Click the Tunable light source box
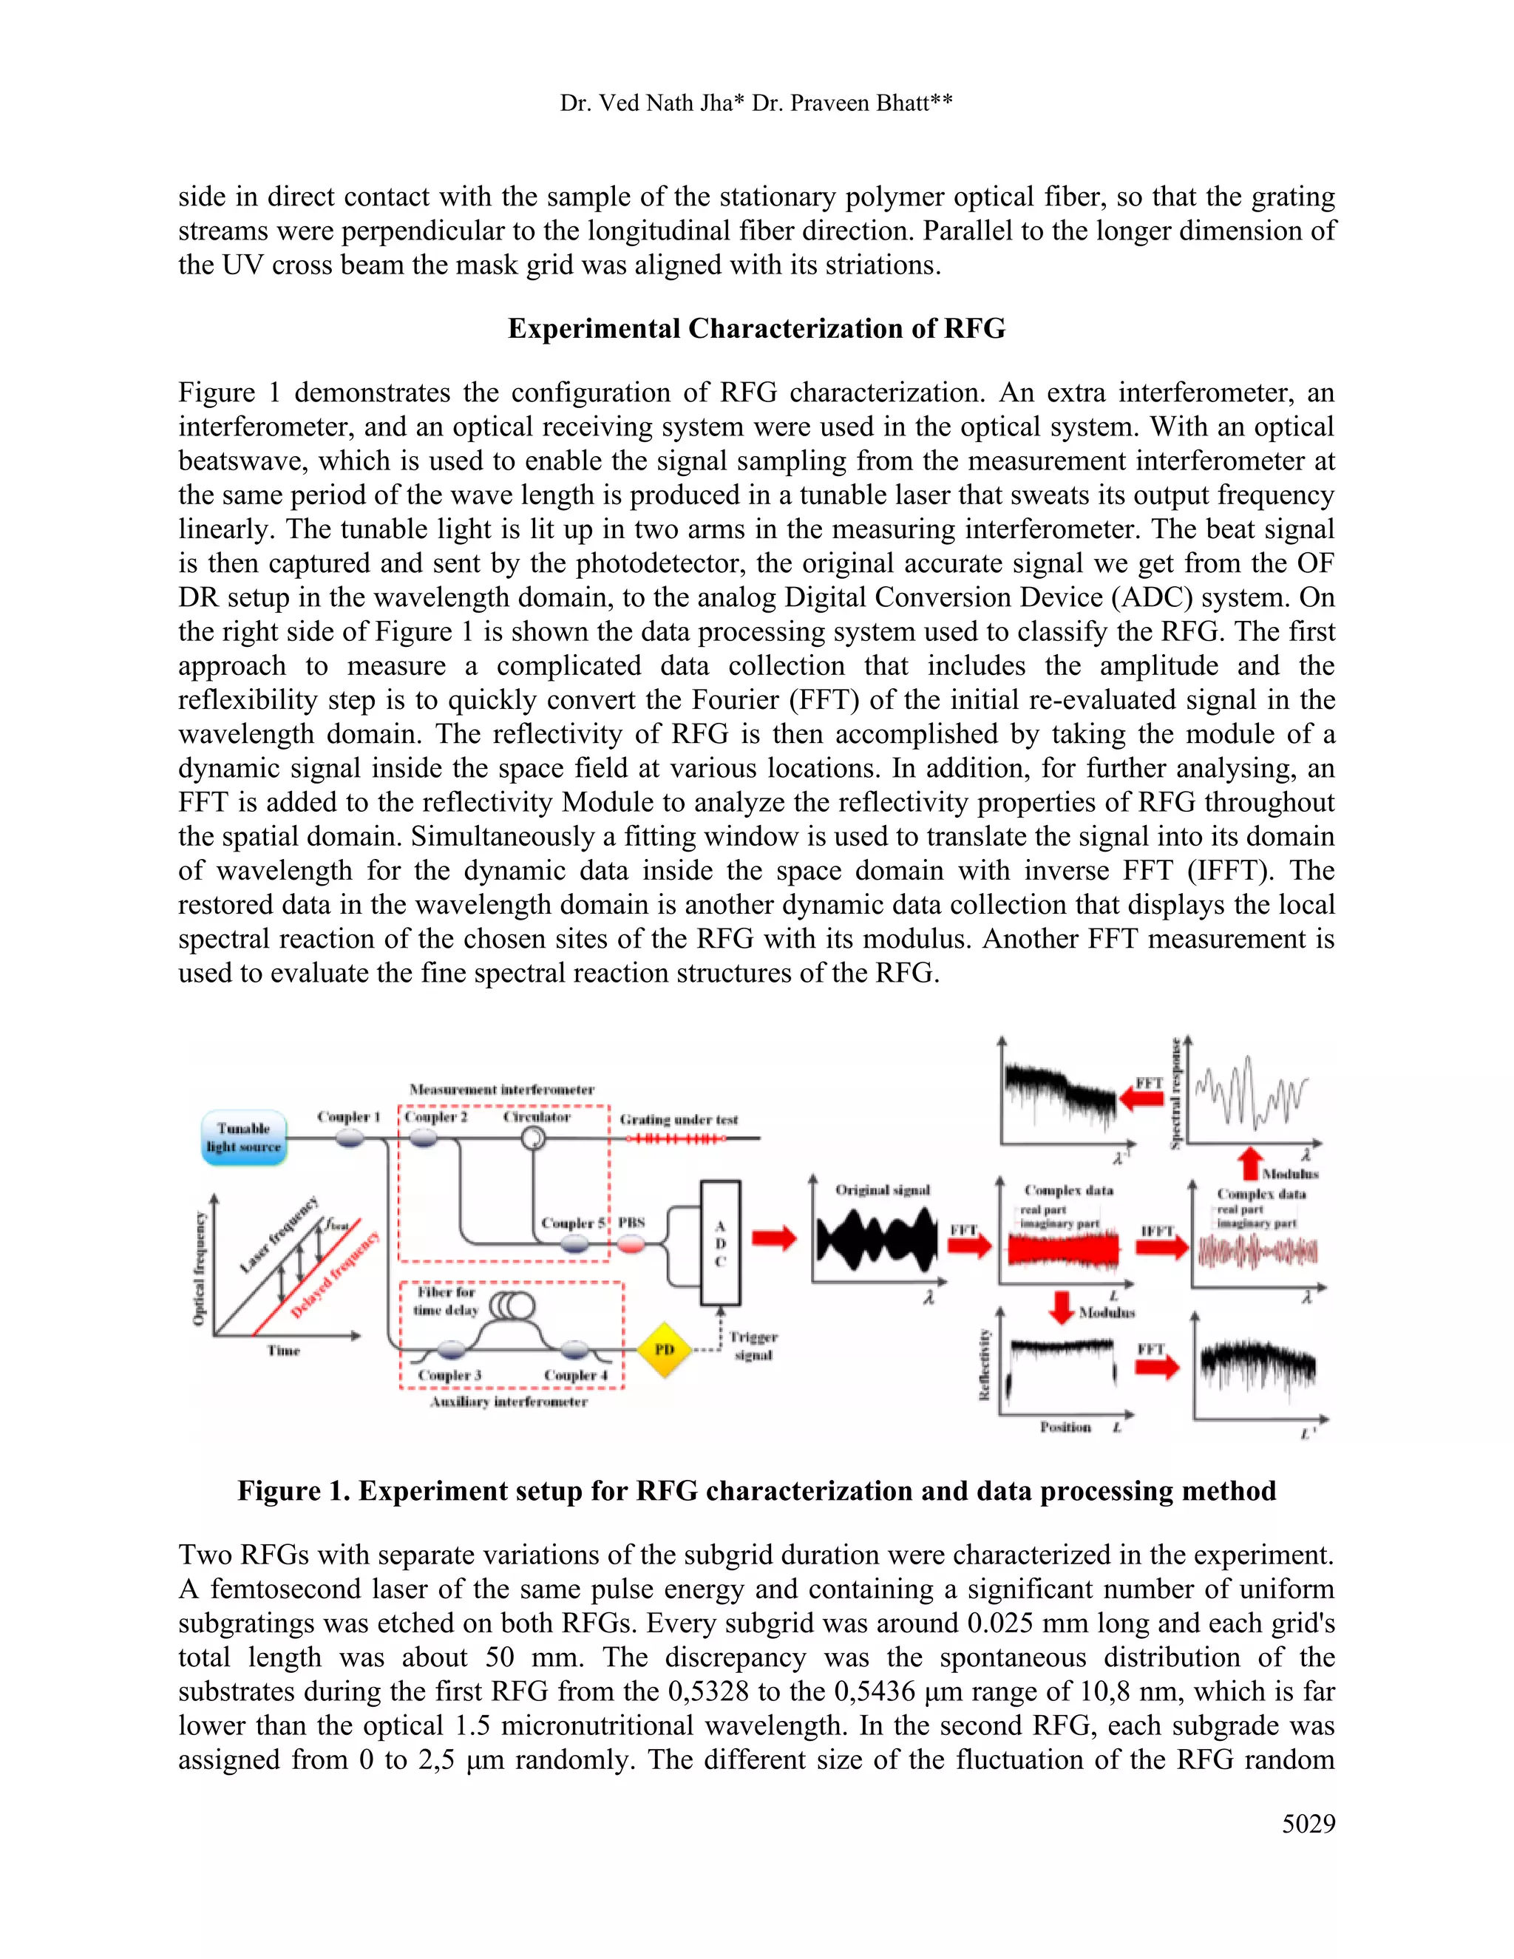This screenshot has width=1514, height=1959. tap(243, 1138)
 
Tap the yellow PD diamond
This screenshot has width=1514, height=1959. tap(664, 1349)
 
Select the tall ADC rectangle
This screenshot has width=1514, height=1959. tap(720, 1243)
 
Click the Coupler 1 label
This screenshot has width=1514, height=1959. tap(348, 1117)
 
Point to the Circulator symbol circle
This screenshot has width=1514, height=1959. tap(534, 1138)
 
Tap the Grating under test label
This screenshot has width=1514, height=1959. tap(679, 1119)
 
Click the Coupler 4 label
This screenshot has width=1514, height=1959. tap(575, 1375)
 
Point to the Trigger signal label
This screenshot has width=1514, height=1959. tap(753, 1345)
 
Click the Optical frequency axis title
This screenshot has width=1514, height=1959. tap(199, 1269)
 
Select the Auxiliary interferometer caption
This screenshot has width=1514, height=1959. tap(509, 1401)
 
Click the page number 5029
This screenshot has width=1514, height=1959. tap(1308, 1824)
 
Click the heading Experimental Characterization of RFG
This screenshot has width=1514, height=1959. tap(756, 328)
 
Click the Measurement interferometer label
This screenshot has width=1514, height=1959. tap(501, 1089)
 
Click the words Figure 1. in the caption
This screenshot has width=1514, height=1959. tap(293, 1491)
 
